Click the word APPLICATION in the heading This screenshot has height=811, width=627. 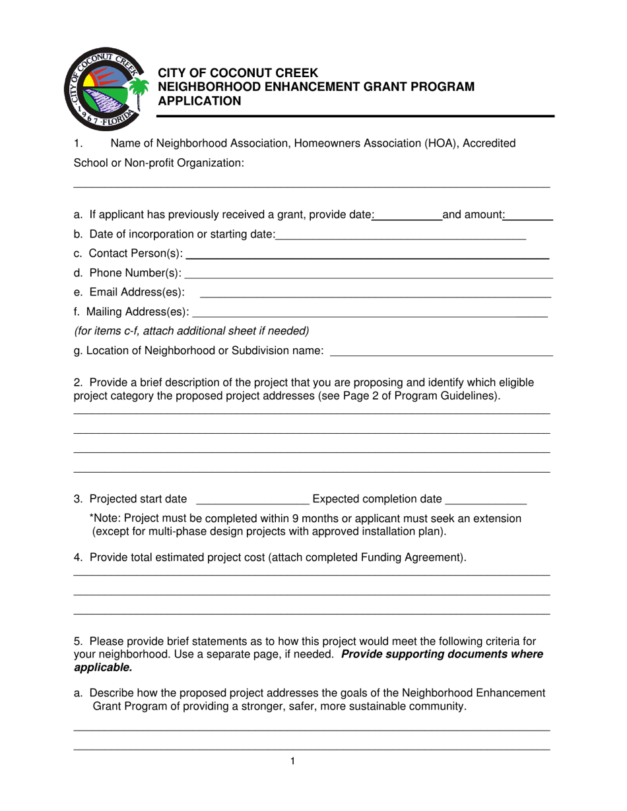198,101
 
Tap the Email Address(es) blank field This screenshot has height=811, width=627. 375,296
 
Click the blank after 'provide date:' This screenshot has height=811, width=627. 408,217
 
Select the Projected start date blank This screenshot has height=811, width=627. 253,502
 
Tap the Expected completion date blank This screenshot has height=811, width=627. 486,502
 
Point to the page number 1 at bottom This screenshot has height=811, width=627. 292,762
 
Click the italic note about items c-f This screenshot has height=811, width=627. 191,331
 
